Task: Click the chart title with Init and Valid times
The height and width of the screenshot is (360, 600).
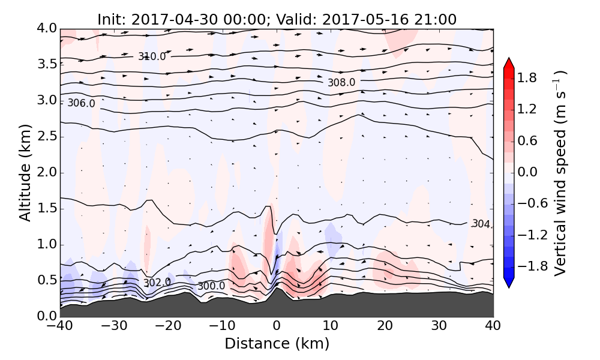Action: pyautogui.click(x=277, y=19)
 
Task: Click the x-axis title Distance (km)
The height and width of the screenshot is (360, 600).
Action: pyautogui.click(x=277, y=344)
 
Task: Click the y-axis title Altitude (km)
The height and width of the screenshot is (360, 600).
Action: pyautogui.click(x=25, y=173)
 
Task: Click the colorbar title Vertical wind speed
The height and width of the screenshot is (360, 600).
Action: pyautogui.click(x=559, y=173)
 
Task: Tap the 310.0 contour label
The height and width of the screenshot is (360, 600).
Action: pyautogui.click(x=152, y=57)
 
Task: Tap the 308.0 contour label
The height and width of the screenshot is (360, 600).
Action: pyautogui.click(x=341, y=82)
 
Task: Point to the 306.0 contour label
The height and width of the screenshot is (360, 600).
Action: pyautogui.click(x=81, y=103)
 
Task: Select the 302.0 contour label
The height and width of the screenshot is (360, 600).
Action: pyautogui.click(x=157, y=283)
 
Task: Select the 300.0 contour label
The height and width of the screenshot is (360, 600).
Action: pyautogui.click(x=211, y=286)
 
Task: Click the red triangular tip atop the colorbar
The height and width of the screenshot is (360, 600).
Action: pyautogui.click(x=509, y=62)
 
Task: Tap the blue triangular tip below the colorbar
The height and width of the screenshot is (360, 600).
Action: pyautogui.click(x=509, y=283)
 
